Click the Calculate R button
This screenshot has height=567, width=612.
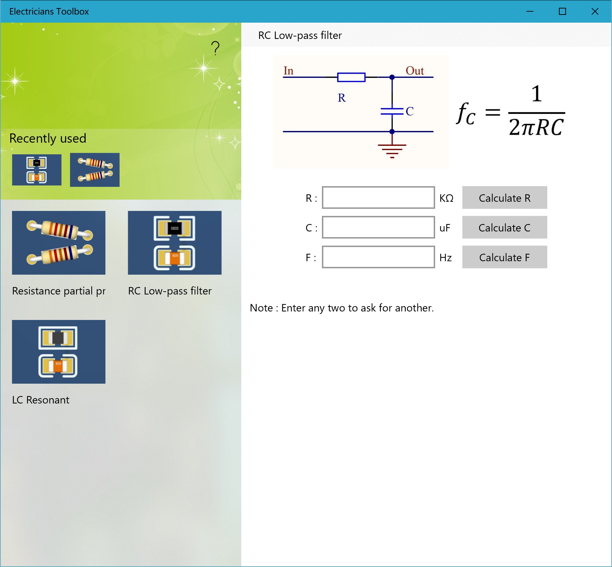pyautogui.click(x=504, y=197)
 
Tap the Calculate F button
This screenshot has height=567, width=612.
pyautogui.click(x=504, y=257)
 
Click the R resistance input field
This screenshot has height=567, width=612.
pyautogui.click(x=378, y=197)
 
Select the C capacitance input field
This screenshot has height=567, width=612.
pyautogui.click(x=378, y=227)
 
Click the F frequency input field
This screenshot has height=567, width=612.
pyautogui.click(x=378, y=257)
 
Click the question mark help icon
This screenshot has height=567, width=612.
pyautogui.click(x=215, y=48)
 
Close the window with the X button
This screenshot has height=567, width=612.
pyautogui.click(x=595, y=11)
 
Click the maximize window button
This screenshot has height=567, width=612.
pyautogui.click(x=562, y=11)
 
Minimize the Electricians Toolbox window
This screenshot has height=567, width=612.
pyautogui.click(x=530, y=11)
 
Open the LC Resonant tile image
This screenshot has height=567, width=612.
pyautogui.click(x=59, y=352)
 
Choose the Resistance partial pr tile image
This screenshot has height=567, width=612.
pyautogui.click(x=59, y=243)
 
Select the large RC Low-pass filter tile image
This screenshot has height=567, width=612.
pyautogui.click(x=175, y=243)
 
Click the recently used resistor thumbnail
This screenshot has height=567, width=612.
pyautogui.click(x=95, y=170)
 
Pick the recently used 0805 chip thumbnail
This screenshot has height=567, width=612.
pyautogui.click(x=37, y=170)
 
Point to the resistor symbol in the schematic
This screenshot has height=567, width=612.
pyautogui.click(x=351, y=77)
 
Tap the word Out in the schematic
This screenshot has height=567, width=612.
pyautogui.click(x=415, y=71)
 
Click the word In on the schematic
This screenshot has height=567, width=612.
pyautogui.click(x=288, y=71)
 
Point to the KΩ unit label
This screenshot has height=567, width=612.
pyautogui.click(x=446, y=198)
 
